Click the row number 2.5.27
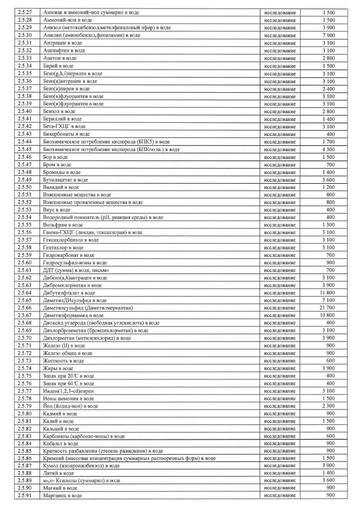coord(25,12)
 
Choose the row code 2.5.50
coord(25,187)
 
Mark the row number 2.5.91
coord(25,496)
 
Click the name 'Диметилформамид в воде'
coord(73,315)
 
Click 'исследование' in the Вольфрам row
coord(280,225)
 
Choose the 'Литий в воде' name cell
coord(59,473)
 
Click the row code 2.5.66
coord(25,307)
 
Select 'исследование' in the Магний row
coord(280,488)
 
